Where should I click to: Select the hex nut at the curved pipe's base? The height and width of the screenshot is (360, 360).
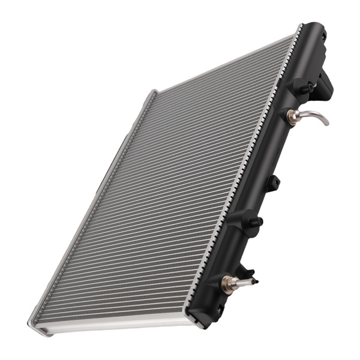coord(293,116)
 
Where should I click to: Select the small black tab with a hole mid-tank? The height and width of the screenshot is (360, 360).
coord(273,182)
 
